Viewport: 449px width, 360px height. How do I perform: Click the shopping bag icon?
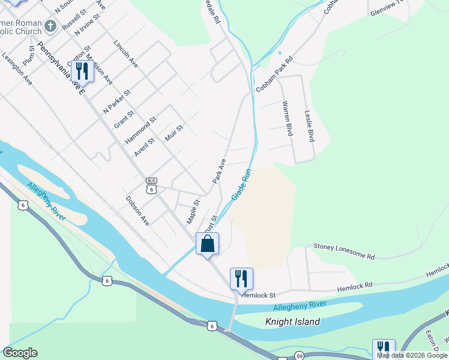[x=207, y=244]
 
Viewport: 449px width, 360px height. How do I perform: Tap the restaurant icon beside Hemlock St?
[x=241, y=278]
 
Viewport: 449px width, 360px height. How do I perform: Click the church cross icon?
[x=51, y=26]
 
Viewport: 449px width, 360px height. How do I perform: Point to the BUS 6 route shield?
[x=151, y=185]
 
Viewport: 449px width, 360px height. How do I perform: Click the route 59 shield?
[x=282, y=355]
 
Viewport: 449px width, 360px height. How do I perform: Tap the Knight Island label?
[x=292, y=322]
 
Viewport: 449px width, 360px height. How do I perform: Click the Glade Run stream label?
[x=241, y=184]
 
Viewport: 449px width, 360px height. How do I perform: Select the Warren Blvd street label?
[x=287, y=118]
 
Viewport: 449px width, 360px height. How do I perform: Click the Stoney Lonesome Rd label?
[x=344, y=251]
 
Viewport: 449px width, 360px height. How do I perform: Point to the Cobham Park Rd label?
[x=274, y=74]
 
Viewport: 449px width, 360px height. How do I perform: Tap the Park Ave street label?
[x=218, y=170]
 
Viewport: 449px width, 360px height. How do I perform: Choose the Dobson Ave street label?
[x=137, y=210]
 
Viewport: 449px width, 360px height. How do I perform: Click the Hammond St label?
[x=140, y=130]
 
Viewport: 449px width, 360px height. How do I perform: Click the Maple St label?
[x=192, y=212]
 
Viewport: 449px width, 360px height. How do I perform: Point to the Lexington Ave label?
[x=17, y=71]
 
